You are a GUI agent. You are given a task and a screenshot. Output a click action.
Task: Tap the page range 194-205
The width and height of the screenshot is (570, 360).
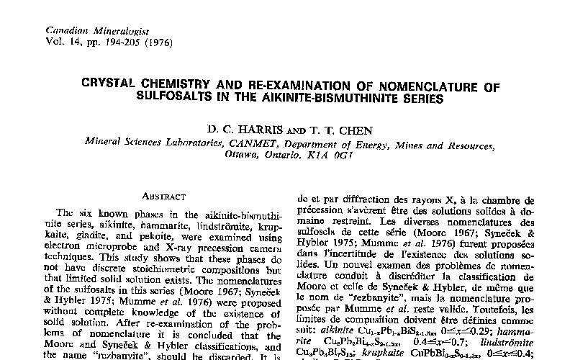coord(122,42)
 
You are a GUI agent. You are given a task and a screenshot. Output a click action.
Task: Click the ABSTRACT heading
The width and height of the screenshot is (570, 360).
coord(164,196)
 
